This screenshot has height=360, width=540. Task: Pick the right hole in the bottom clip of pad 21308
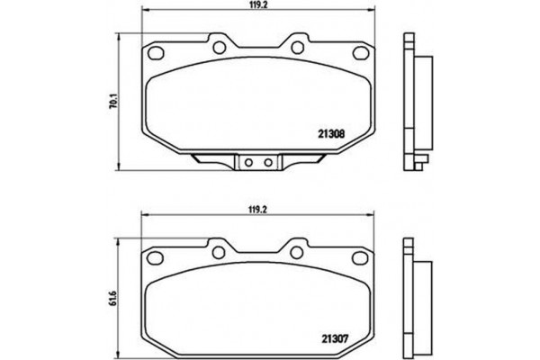click(268, 163)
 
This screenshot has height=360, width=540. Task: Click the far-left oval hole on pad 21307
click(156, 253)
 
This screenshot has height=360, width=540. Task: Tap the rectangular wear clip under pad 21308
click(260, 163)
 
